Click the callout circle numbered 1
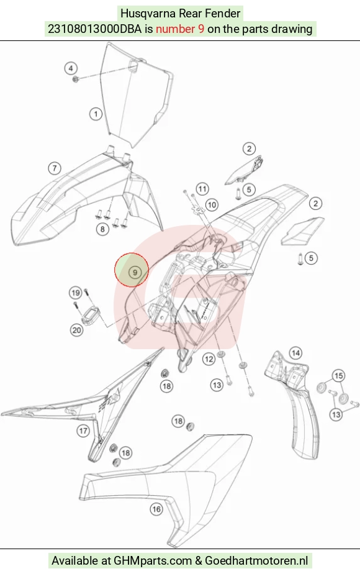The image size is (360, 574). tap(96, 114)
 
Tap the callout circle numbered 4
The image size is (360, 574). tap(71, 68)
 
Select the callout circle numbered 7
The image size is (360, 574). tap(55, 168)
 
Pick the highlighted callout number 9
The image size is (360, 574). tap(135, 272)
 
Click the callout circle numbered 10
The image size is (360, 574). tap(212, 205)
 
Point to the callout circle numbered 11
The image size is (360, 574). tap(202, 189)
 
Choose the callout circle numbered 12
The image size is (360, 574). tap(209, 359)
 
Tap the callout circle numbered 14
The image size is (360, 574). tap(295, 353)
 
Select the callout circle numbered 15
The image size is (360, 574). tap(339, 376)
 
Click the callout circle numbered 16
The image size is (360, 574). tap(156, 509)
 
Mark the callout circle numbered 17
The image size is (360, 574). tap(83, 431)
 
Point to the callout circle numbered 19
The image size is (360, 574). tap(76, 293)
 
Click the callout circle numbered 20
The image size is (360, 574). tap(76, 330)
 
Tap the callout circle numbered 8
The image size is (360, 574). tap(102, 229)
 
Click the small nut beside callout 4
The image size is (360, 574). tap(76, 79)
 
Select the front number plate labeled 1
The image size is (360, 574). tap(136, 95)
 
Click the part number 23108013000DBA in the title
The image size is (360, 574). tap(94, 29)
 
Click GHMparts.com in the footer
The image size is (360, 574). tap(153, 560)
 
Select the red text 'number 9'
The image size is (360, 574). tap(180, 29)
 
